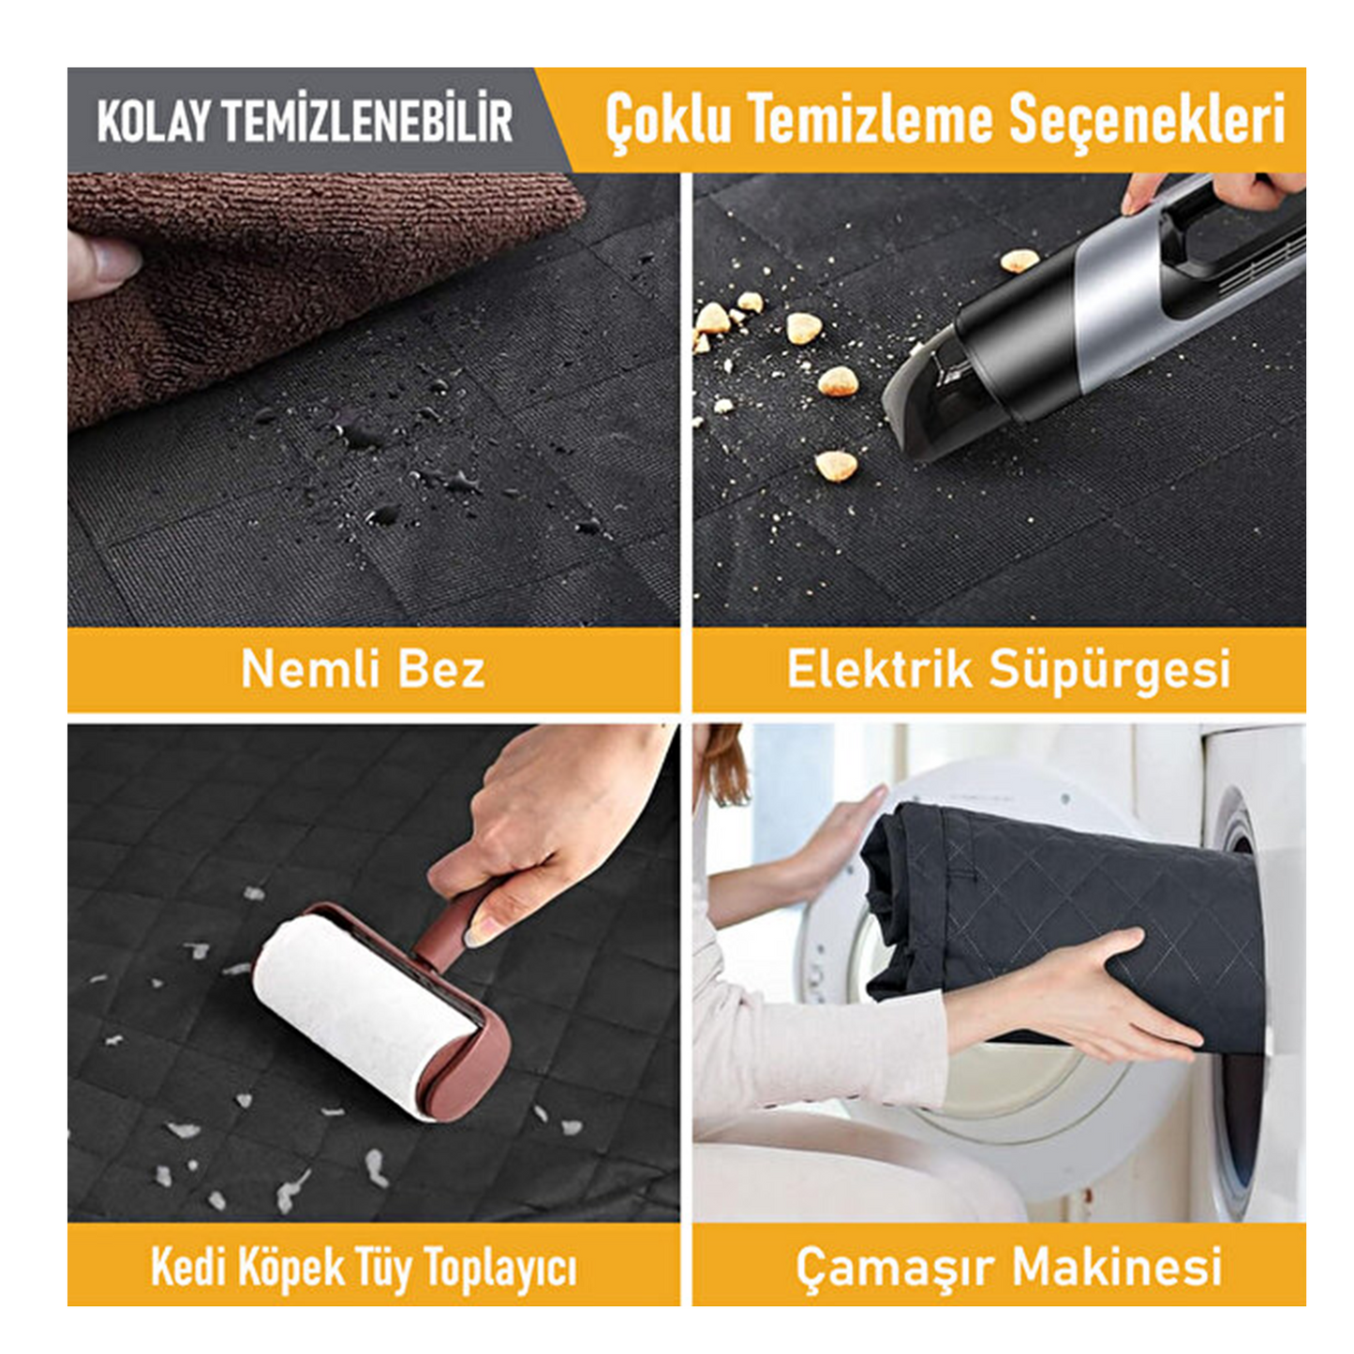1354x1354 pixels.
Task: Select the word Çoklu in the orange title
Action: pyautogui.click(x=667, y=122)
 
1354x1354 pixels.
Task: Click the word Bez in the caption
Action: pyautogui.click(x=440, y=669)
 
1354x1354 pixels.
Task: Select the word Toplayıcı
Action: pyautogui.click(x=499, y=1269)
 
